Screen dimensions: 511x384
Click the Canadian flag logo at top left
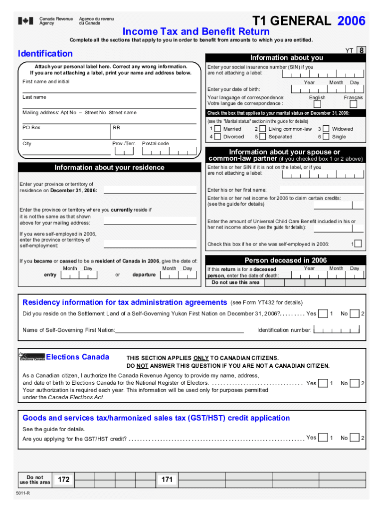26,21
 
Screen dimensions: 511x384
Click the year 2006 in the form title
351,21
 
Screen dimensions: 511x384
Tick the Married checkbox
218,129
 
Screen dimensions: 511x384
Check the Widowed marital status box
326,129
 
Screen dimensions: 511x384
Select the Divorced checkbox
218,137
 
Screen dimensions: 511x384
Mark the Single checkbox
326,137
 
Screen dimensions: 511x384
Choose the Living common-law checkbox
263,129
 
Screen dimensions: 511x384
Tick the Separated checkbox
263,137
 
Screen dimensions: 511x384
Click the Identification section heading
45,53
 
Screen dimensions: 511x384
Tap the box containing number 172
63,480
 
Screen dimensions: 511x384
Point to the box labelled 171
167,480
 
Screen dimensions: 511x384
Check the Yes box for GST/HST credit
323,438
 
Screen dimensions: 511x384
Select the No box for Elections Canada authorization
354,383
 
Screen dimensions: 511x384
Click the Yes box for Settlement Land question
323,313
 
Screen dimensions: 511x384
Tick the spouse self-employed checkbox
358,244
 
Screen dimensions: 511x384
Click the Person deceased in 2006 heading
285,260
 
